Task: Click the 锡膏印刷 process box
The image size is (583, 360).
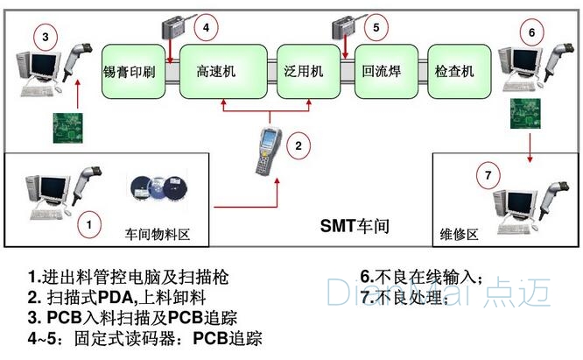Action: (x=129, y=71)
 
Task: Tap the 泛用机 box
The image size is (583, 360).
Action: (x=304, y=71)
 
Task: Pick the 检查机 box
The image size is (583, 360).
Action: (x=454, y=71)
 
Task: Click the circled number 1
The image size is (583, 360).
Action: (x=88, y=224)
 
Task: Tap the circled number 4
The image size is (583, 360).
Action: (x=205, y=28)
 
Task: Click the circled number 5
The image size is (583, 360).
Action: (x=376, y=28)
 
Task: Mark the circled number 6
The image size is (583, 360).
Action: (x=530, y=32)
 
